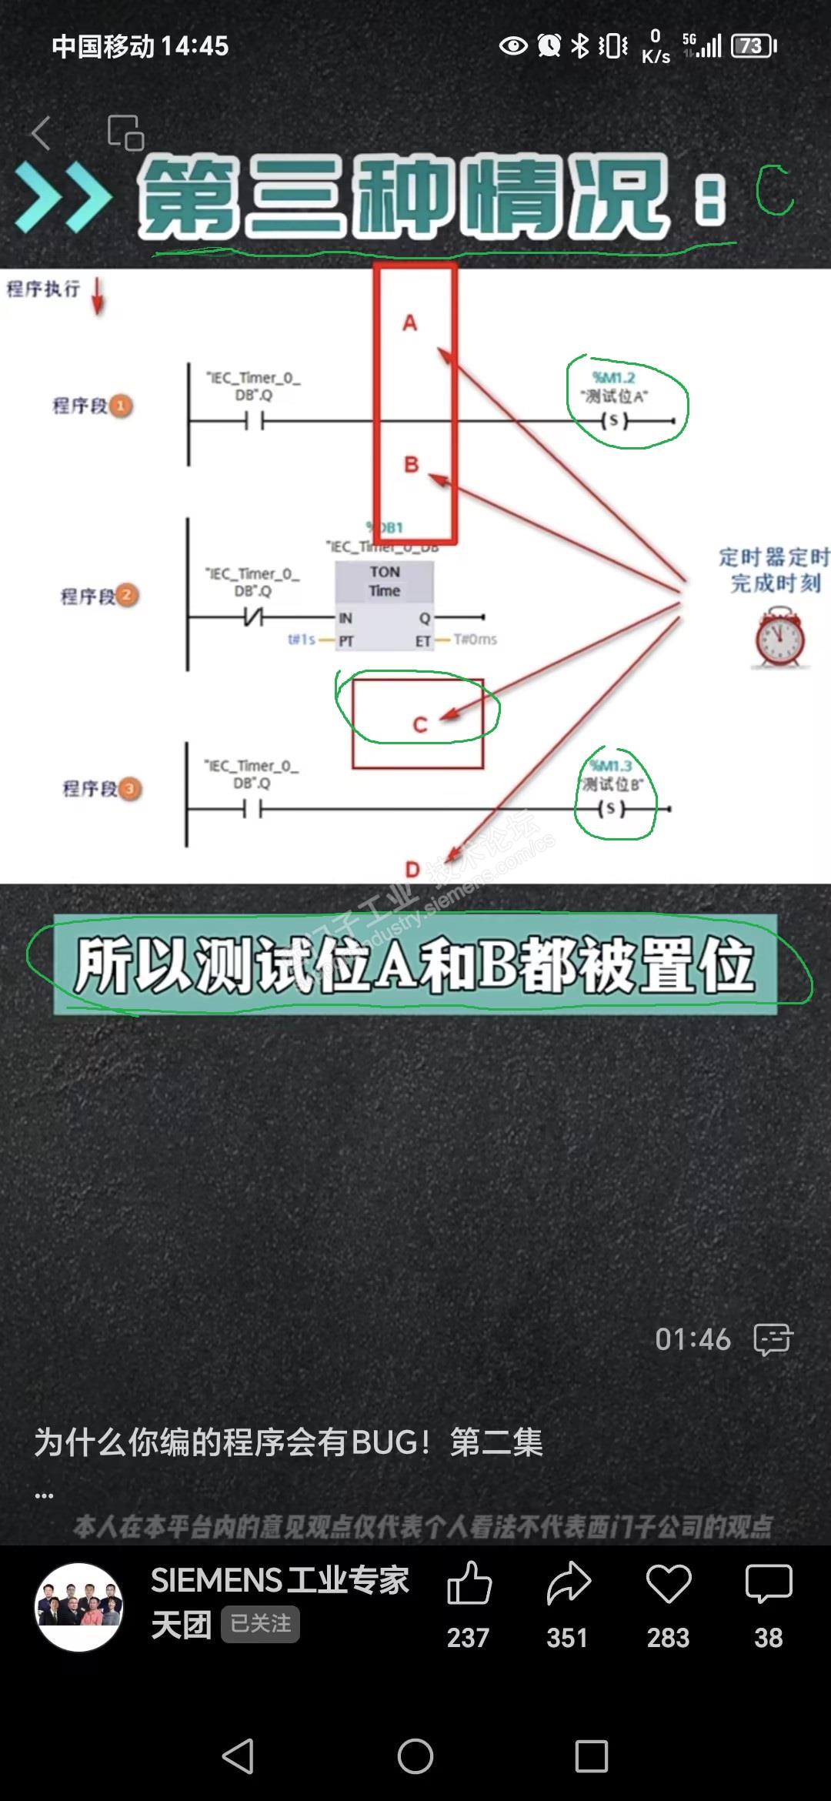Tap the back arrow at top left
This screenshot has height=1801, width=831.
point(42,133)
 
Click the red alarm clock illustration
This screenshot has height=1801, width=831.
point(779,638)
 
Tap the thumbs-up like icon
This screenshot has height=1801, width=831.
point(469,1583)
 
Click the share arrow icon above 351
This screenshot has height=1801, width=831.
point(569,1583)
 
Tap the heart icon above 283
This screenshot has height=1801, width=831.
point(668,1583)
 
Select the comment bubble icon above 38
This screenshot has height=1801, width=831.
point(768,1583)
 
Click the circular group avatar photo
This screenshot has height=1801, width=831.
point(79,1606)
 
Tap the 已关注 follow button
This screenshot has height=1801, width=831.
point(260,1624)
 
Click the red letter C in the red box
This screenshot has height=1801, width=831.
point(419,724)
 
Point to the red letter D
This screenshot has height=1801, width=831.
point(412,870)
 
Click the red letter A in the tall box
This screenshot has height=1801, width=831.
point(410,322)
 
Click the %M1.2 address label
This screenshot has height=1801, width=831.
point(613,377)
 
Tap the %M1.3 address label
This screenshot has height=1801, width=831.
point(611,766)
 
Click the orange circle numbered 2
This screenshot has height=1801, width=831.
point(127,596)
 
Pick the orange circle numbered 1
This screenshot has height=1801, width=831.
point(120,406)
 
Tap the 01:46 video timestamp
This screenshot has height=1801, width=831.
point(692,1340)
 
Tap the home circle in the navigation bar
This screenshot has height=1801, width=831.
point(415,1756)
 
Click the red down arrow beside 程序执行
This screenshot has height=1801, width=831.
point(98,296)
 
